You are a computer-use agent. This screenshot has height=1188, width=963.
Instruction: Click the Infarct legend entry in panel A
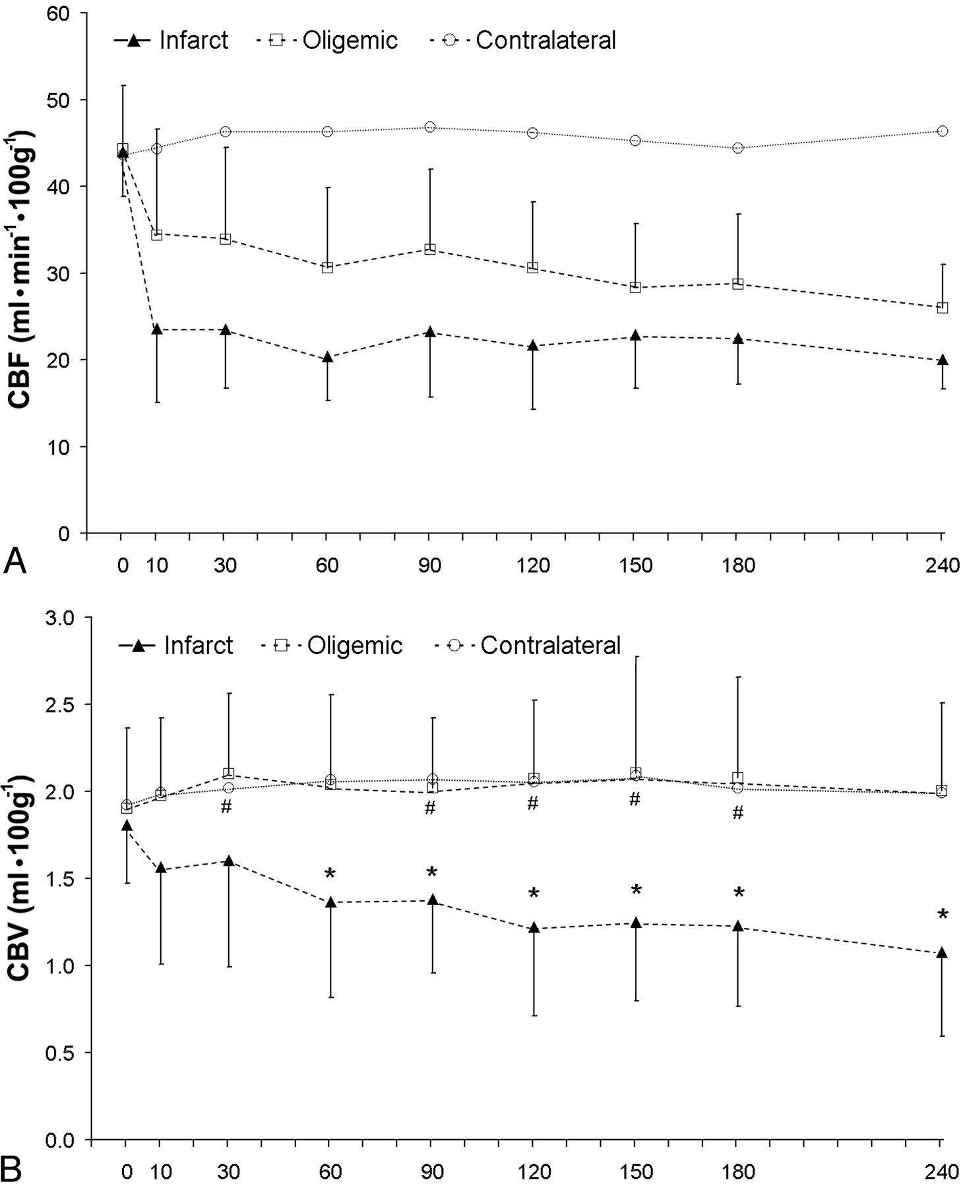[x=171, y=40]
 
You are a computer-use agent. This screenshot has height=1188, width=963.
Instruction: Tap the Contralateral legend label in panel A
[x=546, y=40]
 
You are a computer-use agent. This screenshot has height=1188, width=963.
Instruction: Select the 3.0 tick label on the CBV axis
[x=61, y=618]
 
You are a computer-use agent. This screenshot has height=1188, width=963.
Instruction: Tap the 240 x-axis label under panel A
[x=942, y=566]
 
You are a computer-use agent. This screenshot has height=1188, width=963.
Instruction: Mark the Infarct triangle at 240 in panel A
[x=942, y=360]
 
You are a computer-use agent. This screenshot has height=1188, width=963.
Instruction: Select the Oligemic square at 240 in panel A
[x=943, y=308]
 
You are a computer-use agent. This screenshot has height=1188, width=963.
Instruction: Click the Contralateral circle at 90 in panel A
[x=430, y=127]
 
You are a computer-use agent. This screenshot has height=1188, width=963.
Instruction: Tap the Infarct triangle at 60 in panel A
[x=327, y=358]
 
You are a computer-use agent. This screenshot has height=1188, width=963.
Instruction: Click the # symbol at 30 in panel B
[x=226, y=807]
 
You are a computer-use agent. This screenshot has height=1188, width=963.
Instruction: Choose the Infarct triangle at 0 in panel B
[x=127, y=825]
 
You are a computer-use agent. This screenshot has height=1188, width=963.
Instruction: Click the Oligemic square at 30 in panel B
[x=228, y=774]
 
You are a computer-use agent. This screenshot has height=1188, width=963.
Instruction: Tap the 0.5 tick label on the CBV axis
[x=61, y=1053]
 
